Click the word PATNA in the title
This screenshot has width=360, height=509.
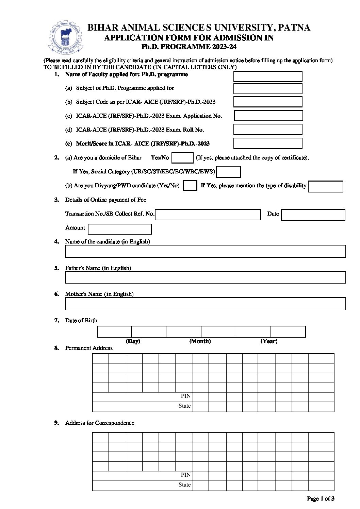coord(294,28)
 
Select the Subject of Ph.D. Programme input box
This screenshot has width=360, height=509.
coord(268,89)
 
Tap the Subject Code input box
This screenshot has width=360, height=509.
coord(268,102)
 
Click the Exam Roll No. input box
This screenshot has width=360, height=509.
coord(268,130)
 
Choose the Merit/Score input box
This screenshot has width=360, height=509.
coord(268,143)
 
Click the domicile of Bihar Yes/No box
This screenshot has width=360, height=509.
coord(182,158)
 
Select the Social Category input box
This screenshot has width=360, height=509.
coord(228,172)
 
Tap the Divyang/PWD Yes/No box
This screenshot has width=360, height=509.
coord(190,186)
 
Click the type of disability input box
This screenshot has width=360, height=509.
coord(325,186)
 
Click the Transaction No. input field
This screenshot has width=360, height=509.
coord(208,215)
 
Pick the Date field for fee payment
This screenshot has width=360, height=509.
coord(313,215)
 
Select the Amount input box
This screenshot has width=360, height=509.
coord(120,229)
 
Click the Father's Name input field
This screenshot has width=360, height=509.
coord(205,277)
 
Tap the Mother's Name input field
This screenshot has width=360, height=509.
coord(205,304)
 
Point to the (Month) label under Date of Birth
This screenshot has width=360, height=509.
coord(200,341)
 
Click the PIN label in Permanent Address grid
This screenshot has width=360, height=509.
coord(185,396)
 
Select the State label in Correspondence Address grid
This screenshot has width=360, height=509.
coord(184,485)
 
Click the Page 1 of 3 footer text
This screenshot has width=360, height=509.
coord(321,499)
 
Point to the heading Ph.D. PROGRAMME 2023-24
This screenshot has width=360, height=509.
coord(189,47)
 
